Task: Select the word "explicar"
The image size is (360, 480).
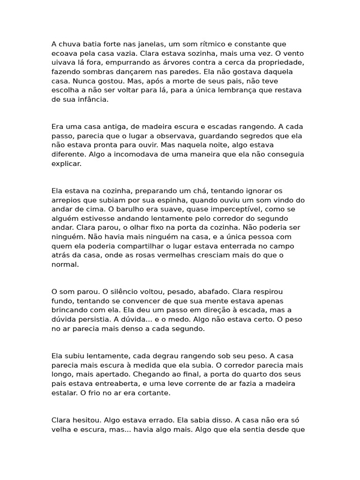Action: [66, 164]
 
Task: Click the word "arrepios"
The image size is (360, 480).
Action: [66, 200]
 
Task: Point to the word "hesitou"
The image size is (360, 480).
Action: [86, 420]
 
